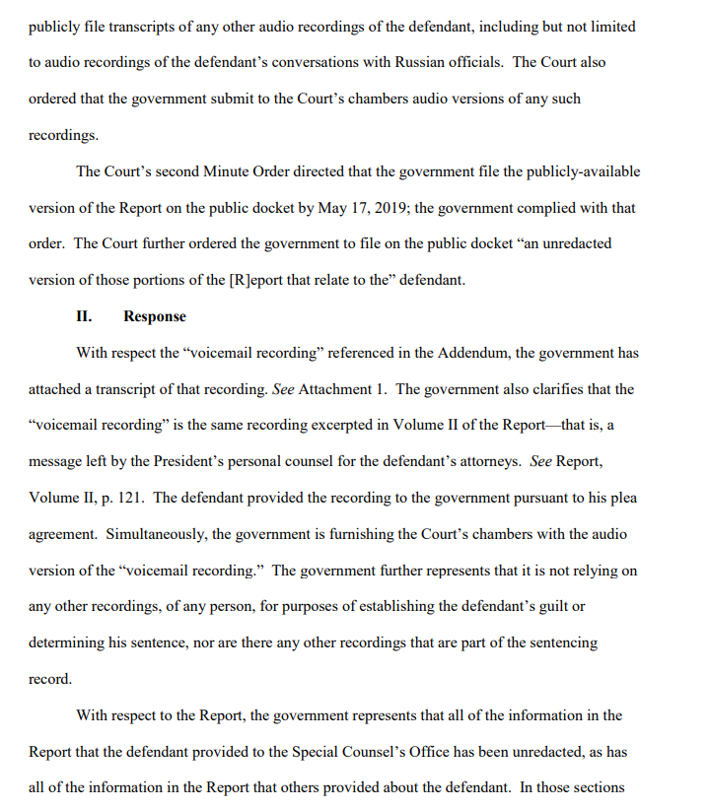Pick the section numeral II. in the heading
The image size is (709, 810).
click(84, 316)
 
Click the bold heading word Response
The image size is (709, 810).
click(155, 316)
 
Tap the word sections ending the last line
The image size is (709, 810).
click(597, 788)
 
